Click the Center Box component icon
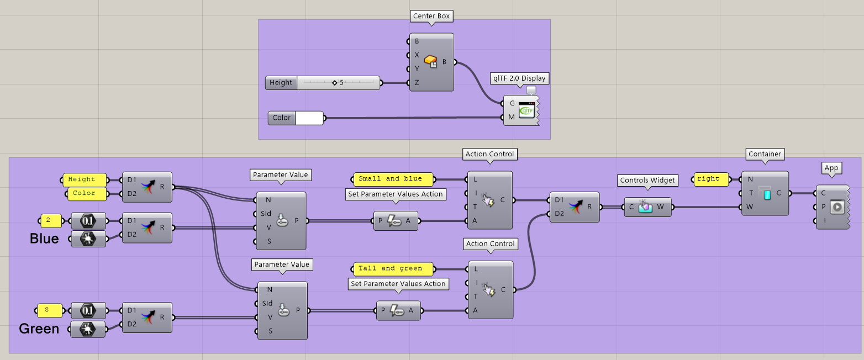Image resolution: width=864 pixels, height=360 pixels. tap(430, 62)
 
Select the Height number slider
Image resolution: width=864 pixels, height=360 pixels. tap(323, 83)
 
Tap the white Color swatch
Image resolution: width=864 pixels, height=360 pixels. tap(309, 118)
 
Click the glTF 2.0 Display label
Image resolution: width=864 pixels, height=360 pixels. tap(519, 78)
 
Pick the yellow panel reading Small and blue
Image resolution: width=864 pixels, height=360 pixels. tap(393, 179)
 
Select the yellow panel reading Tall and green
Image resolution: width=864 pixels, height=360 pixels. tap(393, 269)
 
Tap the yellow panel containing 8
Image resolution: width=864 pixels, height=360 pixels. tap(49, 310)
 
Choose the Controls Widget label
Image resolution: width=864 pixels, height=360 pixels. tap(647, 181)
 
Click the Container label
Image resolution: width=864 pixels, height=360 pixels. tap(765, 154)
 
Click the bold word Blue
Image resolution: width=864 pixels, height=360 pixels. tap(44, 239)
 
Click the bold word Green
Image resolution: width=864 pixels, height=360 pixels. tap(39, 329)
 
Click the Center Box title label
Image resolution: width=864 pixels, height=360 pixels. tap(431, 16)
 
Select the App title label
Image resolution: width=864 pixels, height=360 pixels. tap(831, 168)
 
